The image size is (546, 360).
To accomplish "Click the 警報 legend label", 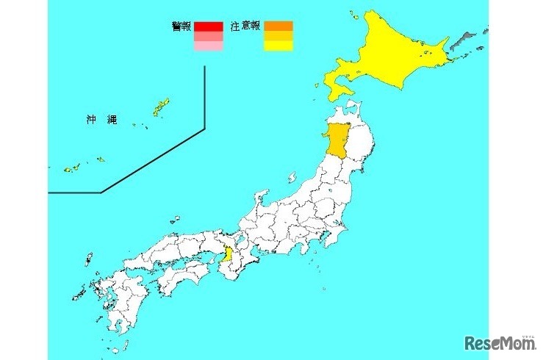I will (181, 27).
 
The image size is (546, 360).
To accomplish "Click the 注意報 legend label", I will (245, 27).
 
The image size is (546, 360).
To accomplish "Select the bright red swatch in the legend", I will (208, 27).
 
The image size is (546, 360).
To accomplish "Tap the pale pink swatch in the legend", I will (208, 46).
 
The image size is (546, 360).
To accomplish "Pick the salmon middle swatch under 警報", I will (208, 37).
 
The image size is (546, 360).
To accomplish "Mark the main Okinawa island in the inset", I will (160, 109).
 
